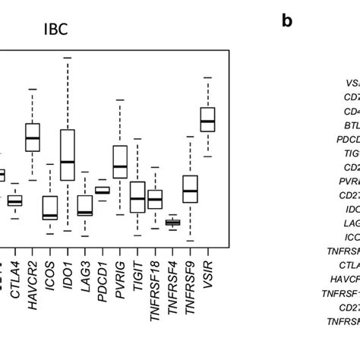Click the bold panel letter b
286,21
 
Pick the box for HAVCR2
33,137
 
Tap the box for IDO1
68,155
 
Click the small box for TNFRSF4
172,222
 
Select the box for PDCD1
103,190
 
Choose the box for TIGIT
137,197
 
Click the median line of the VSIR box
207,121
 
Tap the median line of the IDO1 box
68,162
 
